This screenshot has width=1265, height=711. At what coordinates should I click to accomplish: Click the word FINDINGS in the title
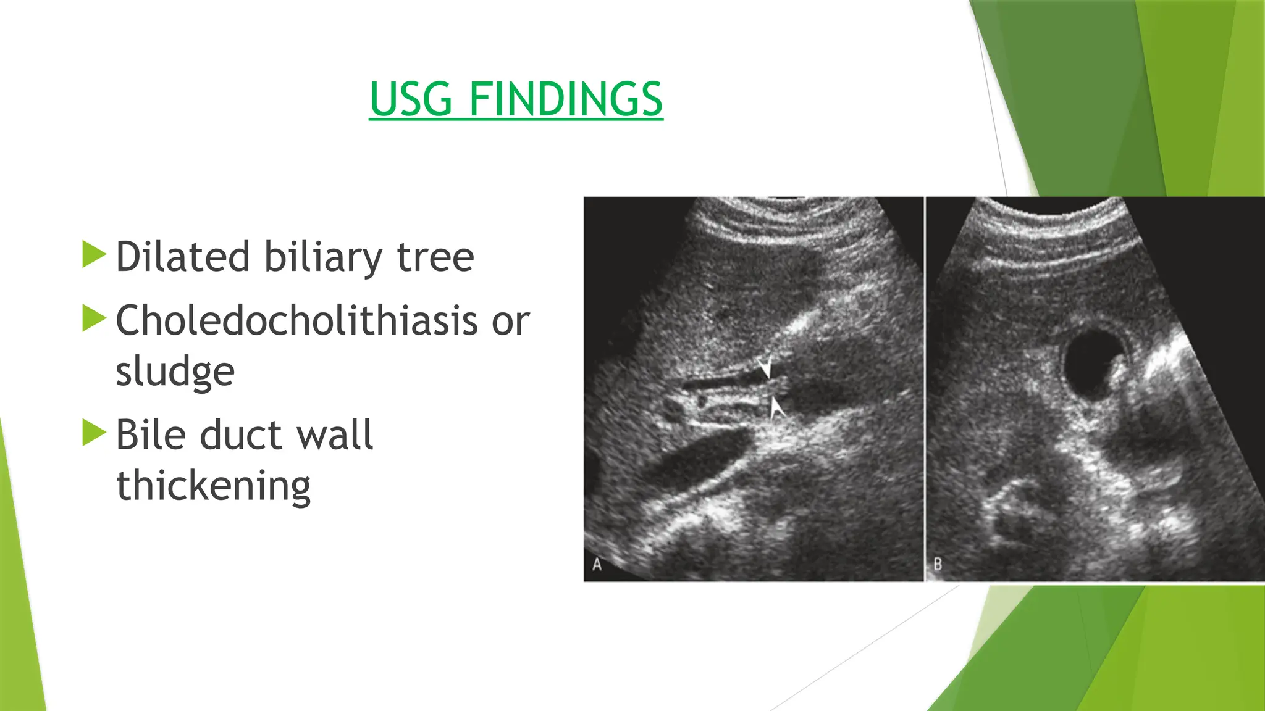[565, 99]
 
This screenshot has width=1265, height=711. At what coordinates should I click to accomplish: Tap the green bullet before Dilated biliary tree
[94, 255]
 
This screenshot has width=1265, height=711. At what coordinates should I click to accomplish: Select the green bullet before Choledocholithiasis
[94, 318]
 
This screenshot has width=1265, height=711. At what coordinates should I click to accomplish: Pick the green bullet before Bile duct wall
[94, 433]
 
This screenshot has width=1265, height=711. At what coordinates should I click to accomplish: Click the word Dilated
[183, 257]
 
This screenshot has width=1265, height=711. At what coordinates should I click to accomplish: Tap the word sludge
[175, 372]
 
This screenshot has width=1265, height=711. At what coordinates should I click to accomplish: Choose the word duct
[240, 434]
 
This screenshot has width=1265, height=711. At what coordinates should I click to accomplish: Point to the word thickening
[213, 486]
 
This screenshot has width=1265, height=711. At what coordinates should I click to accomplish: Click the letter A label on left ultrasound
[597, 564]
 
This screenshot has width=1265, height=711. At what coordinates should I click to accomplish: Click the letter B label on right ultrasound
[938, 564]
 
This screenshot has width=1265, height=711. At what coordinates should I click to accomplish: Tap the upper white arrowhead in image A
[765, 367]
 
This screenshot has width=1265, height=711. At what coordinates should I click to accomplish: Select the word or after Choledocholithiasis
[510, 320]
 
